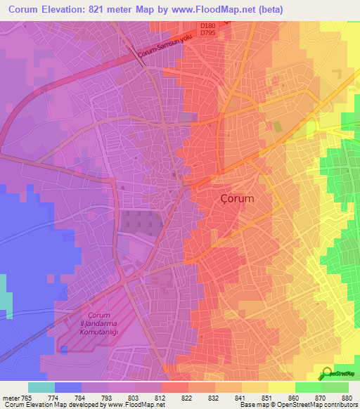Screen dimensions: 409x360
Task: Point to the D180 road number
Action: (x=207, y=25)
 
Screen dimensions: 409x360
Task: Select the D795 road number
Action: (x=207, y=32)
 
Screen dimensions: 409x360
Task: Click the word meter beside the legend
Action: (x=10, y=397)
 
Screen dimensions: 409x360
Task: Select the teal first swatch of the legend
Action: (x=41, y=387)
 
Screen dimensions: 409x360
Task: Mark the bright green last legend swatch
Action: (x=335, y=387)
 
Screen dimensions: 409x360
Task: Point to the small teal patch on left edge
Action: (x=6, y=294)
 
